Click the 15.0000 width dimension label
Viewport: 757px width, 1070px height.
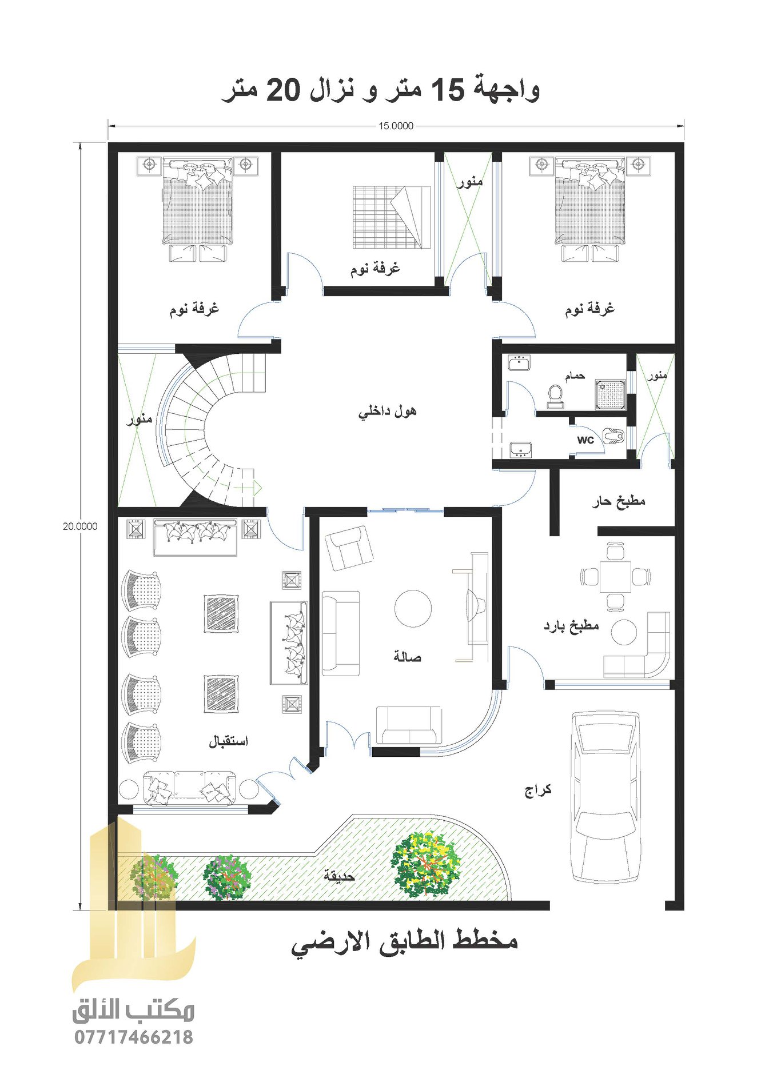pos(396,126)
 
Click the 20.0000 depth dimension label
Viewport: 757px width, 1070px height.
pos(80,526)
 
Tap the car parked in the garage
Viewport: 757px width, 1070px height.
pos(605,797)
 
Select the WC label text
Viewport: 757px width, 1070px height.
pos(585,440)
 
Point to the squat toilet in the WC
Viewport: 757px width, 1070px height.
pos(613,436)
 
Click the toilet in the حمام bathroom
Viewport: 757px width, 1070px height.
pos(555,396)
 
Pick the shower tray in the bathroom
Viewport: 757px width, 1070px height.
pos(611,394)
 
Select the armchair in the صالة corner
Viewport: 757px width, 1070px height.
pos(349,548)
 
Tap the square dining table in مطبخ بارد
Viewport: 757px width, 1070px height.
pos(615,577)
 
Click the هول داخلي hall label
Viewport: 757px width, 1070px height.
pos(388,411)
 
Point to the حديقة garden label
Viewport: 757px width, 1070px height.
pos(340,875)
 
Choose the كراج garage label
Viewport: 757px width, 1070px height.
pos(538,790)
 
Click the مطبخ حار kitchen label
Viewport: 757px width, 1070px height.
pos(619,502)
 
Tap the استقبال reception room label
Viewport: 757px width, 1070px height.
pos(228,741)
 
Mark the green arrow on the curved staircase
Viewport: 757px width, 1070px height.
pos(257,488)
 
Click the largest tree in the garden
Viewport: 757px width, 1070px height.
pos(426,864)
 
